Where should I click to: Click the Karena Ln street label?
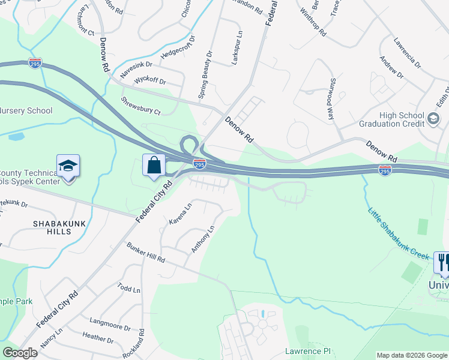[x=179, y=214]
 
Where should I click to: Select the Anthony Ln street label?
[x=202, y=239]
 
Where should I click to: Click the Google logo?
[x=19, y=353]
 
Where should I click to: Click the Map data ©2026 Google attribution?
[x=411, y=355]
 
